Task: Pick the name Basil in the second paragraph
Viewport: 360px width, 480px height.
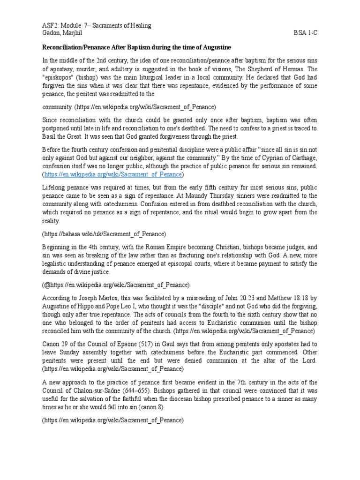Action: (x=52, y=136)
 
